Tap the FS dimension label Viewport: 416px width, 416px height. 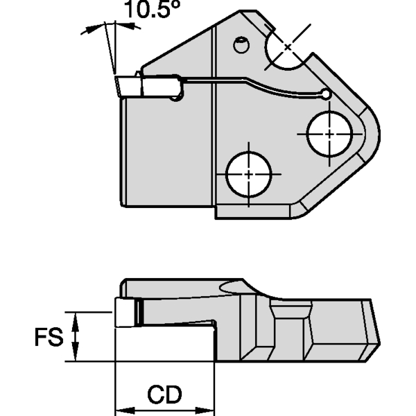49,338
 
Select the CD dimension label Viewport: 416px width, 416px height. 164,395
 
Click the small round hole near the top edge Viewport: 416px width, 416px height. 240,45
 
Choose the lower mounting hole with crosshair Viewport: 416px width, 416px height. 248,173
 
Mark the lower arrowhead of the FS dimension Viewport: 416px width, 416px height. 78,356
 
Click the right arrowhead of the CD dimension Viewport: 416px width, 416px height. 209,406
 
